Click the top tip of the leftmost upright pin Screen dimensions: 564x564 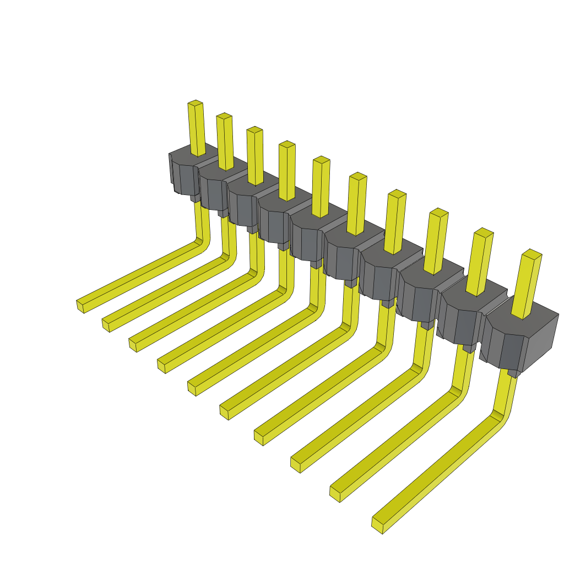click(195, 103)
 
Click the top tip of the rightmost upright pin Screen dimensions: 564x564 click(532, 254)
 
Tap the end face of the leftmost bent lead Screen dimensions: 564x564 click(80, 306)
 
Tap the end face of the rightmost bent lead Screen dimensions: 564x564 click(377, 525)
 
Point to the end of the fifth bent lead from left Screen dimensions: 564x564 click(192, 388)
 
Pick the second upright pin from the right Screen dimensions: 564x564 click(480, 262)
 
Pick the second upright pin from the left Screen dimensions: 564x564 click(225, 141)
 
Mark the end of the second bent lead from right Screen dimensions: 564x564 click(335, 493)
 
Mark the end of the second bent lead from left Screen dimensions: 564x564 click(105, 325)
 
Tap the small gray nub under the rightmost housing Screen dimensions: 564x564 click(513, 373)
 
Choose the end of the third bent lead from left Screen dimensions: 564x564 click(132, 345)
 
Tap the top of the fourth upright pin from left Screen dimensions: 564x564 click(287, 144)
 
